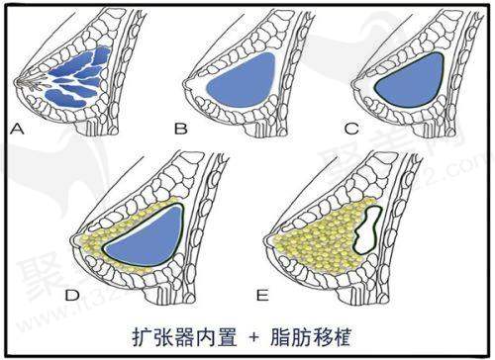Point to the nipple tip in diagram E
[x=265, y=241]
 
